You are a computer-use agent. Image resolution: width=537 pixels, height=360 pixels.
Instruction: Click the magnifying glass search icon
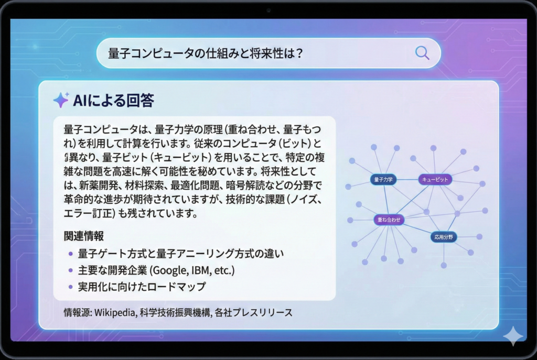point(422,53)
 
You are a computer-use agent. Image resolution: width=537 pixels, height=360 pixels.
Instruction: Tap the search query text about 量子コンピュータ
point(206,53)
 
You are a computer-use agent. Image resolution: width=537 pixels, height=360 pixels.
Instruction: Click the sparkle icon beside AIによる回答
point(61,100)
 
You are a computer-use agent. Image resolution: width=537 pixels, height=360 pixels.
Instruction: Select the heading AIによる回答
point(113,100)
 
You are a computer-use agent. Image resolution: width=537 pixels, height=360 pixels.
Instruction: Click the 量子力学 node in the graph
point(383,180)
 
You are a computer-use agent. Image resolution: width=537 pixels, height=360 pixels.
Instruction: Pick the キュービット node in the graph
point(435,180)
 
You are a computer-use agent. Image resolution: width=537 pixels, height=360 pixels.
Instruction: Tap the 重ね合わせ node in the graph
point(389,220)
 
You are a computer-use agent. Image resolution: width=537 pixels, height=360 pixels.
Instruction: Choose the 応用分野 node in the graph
point(444,237)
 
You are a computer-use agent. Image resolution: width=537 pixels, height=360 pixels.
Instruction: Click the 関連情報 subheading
point(83,236)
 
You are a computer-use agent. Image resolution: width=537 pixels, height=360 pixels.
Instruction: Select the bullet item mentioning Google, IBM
point(156,270)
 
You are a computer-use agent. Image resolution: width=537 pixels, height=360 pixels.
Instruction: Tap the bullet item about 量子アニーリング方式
point(181,254)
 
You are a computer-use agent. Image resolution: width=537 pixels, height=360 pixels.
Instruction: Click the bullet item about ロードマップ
point(142,287)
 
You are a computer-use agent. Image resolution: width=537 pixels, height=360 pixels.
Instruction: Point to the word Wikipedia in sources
point(114,312)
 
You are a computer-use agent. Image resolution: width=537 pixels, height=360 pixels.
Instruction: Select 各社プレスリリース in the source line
point(253,312)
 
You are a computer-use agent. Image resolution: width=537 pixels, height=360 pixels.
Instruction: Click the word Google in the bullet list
point(170,270)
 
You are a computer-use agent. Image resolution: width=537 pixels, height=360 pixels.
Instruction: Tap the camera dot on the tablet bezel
point(268,10)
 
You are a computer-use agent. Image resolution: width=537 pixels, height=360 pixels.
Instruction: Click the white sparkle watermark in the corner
point(513,336)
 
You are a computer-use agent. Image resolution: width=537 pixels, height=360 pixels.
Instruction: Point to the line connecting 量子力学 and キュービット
point(407,180)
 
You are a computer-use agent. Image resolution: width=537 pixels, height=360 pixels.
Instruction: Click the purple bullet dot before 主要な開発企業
point(71,270)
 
